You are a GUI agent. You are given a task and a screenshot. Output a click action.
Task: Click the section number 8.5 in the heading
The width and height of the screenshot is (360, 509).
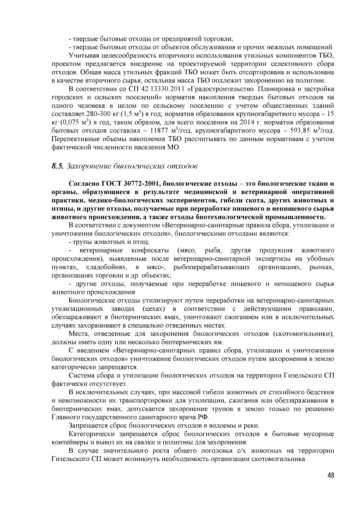(x=57, y=166)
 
